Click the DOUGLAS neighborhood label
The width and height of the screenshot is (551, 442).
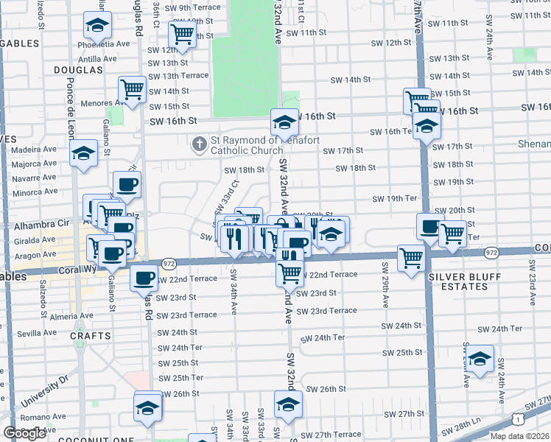pyautogui.click(x=78, y=69)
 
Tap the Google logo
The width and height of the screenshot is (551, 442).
pyautogui.click(x=24, y=433)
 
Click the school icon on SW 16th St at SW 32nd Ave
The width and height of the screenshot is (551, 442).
pyautogui.click(x=284, y=122)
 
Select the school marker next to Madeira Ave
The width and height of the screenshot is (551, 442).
pyautogui.click(x=84, y=154)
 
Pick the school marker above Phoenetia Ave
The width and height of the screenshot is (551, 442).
pyautogui.click(x=97, y=26)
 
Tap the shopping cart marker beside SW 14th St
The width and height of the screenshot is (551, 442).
pyautogui.click(x=133, y=90)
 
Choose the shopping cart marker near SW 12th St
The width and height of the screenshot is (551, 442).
pyautogui.click(x=182, y=33)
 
